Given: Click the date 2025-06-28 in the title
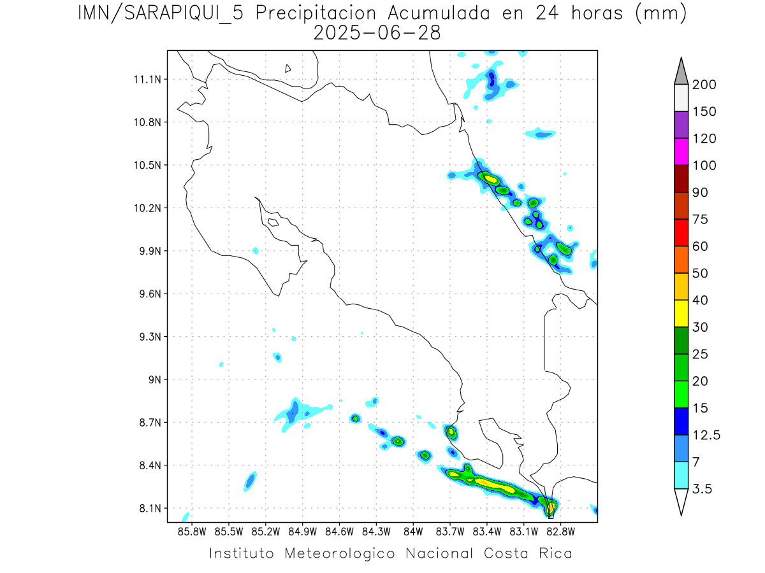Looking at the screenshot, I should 377,33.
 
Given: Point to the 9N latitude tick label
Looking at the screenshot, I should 154,379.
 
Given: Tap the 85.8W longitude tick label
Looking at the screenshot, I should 192,531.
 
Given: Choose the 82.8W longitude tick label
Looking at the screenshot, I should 560,531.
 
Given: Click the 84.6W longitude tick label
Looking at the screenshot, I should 339,531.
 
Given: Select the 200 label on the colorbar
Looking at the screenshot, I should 704,85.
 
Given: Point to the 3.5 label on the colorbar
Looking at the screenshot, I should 703,489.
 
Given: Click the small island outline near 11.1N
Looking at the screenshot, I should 288,68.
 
